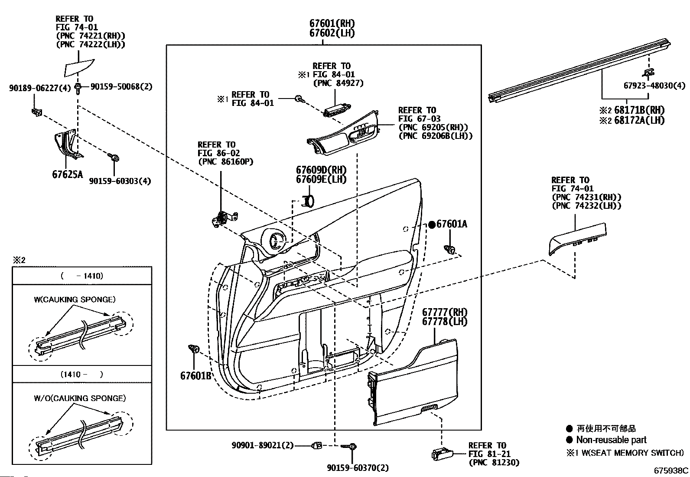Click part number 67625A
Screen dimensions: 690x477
point(68,174)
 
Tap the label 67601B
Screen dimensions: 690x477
point(195,375)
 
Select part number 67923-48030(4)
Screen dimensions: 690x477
point(654,86)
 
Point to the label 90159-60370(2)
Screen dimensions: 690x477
point(358,468)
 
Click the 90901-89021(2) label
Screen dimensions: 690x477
point(263,445)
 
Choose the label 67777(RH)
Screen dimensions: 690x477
point(445,312)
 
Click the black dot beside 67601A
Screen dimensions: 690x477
point(432,225)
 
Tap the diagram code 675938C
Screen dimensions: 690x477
point(671,470)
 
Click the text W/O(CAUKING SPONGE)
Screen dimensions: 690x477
point(80,398)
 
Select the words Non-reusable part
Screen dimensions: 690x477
point(611,439)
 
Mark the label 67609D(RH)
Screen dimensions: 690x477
point(321,170)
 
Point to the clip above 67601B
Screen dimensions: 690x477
point(194,349)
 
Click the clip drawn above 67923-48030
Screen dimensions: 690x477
point(648,72)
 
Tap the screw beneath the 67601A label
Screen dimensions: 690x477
point(449,249)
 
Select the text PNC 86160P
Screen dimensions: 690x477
point(225,161)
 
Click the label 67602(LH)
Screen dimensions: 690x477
point(332,33)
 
